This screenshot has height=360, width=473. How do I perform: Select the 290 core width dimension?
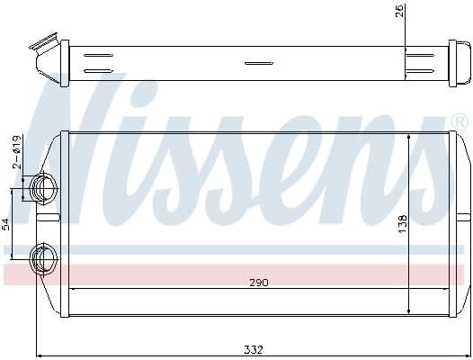pos(259,283)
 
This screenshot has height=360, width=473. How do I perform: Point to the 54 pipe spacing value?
pos(6,223)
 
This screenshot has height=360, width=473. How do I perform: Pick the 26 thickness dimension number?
pos(399,13)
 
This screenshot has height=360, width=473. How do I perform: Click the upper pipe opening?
pos(42,188)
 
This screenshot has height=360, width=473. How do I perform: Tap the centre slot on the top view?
pos(258,63)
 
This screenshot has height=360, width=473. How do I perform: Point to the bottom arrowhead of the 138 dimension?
pos(410,310)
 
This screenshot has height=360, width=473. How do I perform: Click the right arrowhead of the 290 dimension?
pos(447,289)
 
